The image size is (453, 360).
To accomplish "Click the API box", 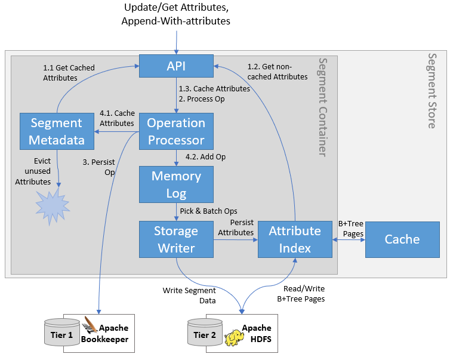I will [175, 66].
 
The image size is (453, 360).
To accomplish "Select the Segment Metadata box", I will [56, 131].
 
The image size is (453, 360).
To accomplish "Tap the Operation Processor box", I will [175, 131].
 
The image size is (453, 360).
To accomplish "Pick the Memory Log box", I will [175, 184].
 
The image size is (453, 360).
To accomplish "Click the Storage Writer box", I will [175, 239].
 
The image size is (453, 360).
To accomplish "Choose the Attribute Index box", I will [295, 239].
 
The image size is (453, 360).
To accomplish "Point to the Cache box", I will [402, 239].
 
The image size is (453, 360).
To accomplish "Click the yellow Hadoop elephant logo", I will [233, 338].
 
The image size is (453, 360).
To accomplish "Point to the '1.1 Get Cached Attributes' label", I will [69, 73].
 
